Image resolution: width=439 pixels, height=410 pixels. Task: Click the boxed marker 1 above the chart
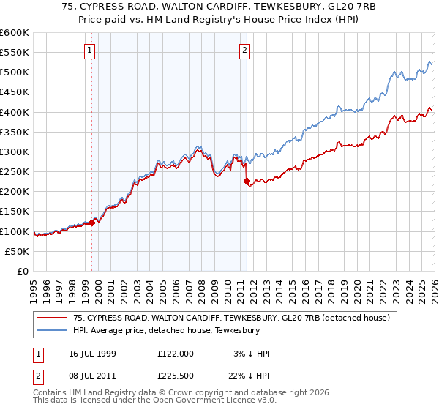click(89, 51)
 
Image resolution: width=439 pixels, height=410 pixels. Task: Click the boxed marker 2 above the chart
click(244, 51)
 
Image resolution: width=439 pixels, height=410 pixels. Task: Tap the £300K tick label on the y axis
click(15, 152)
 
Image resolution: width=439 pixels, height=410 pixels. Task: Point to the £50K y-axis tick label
click(17, 251)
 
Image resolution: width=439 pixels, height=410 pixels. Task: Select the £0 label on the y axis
click(22, 271)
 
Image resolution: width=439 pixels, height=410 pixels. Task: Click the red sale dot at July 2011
click(247, 181)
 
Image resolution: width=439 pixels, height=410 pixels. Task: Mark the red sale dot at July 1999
click(92, 223)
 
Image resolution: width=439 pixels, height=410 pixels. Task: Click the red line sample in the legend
click(52, 318)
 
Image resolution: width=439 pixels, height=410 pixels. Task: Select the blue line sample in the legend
click(52, 330)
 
